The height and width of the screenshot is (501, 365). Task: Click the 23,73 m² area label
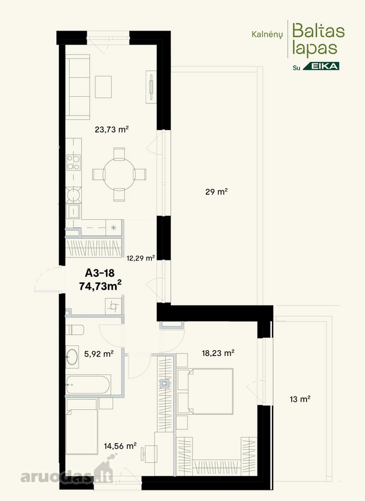[112, 129]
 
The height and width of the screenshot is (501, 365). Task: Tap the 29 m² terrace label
[216, 191]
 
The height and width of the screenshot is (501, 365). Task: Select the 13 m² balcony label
[300, 399]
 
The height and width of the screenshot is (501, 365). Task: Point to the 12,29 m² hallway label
[141, 258]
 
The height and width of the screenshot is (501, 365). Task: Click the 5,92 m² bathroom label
[99, 353]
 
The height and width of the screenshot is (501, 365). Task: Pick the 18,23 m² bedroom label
[218, 353]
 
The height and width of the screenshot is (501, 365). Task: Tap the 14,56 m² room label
[120, 446]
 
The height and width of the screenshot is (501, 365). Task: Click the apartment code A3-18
[100, 273]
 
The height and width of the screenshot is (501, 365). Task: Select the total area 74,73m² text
[100, 286]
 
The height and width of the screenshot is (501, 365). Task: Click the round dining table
[119, 174]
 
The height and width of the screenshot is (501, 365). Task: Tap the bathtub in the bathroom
[88, 385]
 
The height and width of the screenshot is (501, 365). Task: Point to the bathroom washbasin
[72, 357]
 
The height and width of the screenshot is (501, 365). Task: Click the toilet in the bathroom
[75, 330]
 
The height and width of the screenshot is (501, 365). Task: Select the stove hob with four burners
[73, 163]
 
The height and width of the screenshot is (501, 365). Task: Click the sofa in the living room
[77, 87]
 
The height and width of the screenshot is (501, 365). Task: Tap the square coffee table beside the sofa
[103, 87]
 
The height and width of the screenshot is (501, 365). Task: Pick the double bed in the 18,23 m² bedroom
[205, 391]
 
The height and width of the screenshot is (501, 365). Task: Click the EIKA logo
[321, 66]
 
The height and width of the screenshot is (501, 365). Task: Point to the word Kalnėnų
[267, 35]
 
